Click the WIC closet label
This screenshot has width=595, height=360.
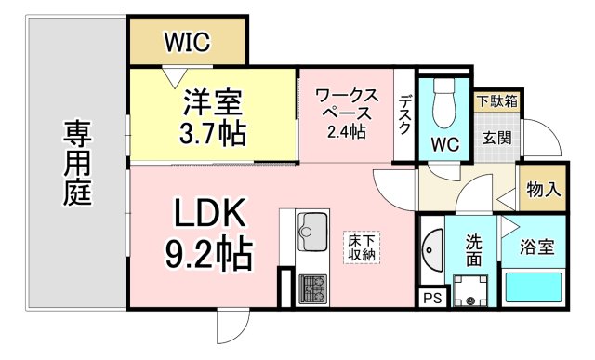tap(187, 42)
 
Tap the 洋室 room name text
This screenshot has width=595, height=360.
tap(213, 100)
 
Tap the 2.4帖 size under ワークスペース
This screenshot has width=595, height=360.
tap(346, 131)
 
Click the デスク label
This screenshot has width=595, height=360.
tap(404, 115)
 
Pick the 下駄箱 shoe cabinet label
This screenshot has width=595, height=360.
tap(497, 100)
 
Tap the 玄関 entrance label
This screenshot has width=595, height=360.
tap(496, 138)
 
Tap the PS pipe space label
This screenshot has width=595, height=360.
tap(431, 298)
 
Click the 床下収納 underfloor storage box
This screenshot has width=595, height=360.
tap(362, 247)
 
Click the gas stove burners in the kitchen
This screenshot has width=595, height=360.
tap(311, 287)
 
